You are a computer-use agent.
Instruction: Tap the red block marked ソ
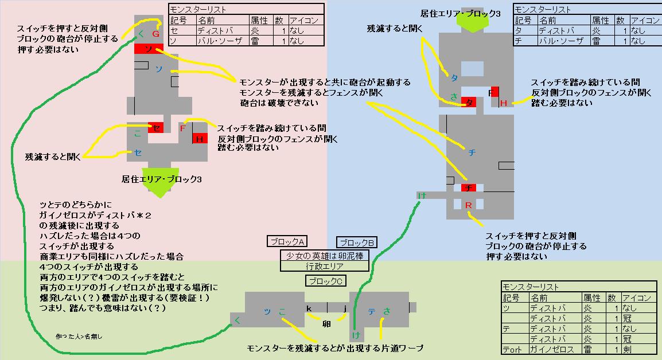coord(149,49)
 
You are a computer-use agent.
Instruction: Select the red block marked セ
coord(156,127)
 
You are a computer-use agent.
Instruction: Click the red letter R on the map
coord(468,205)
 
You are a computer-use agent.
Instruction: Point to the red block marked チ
coord(469,187)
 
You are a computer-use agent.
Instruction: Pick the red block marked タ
coord(469,103)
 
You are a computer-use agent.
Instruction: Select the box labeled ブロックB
coord(356,242)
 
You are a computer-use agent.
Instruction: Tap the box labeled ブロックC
coord(325,280)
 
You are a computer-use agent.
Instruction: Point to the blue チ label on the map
coord(472,152)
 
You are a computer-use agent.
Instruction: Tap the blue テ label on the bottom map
coord(372,311)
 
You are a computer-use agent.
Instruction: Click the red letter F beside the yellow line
coord(182,128)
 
